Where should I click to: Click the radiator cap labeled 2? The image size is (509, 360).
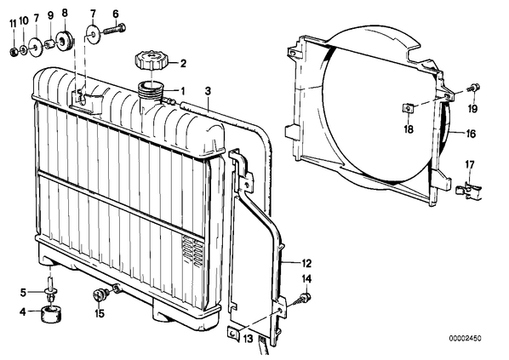coord(151,60)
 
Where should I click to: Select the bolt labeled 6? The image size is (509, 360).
coord(115,30)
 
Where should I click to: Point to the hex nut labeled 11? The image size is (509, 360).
coord(14,51)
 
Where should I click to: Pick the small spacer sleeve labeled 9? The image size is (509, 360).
coord(49,44)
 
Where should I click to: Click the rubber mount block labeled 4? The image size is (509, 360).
coord(51,315)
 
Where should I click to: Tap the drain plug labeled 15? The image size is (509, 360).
coord(101,294)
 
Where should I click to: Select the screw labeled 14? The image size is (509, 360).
coord(301,299)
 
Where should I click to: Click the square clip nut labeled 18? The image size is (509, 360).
coord(409,108)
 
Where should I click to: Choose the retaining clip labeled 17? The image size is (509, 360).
coord(467,191)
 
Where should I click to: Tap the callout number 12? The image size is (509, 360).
coord(306,263)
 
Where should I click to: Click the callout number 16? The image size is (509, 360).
coord(471,134)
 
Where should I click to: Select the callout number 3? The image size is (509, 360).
coord(208,91)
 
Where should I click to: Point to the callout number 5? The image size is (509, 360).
coord(23,293)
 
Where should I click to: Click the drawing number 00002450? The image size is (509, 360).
coord(466,338)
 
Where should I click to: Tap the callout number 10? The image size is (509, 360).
coord(24,21)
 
